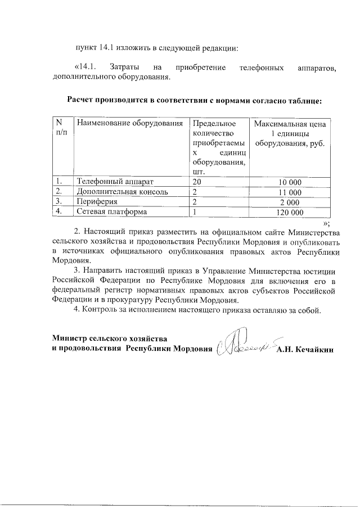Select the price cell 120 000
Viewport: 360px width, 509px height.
point(290,213)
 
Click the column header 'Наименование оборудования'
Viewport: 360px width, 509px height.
point(130,123)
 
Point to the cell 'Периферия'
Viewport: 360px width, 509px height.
point(97,202)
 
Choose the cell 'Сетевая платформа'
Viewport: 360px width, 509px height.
point(112,212)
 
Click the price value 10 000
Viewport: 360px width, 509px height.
point(290,182)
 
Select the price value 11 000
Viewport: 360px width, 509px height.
point(290,192)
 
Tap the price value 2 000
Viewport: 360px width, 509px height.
point(290,202)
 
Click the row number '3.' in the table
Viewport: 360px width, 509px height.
point(58,202)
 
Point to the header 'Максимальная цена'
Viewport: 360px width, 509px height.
point(290,123)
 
